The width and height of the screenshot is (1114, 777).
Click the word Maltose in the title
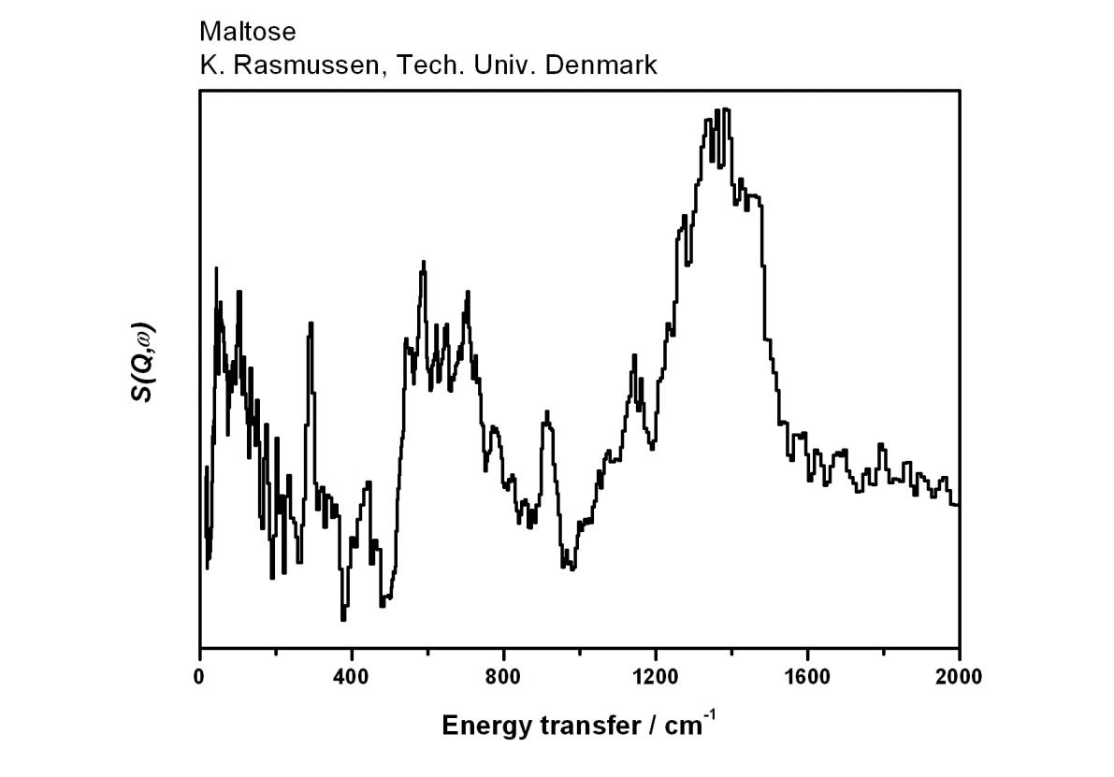pos(247,33)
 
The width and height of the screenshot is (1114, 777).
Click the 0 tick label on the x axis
pos(200,677)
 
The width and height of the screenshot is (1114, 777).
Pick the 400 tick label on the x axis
pos(352,677)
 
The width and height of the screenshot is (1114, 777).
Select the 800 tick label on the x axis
pos(503,677)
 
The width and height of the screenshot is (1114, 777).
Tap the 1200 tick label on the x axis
pos(655,677)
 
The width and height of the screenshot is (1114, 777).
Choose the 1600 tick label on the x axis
pos(806,677)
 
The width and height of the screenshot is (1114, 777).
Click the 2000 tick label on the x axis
pos(959,677)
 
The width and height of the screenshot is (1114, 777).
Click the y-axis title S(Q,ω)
pos(143,365)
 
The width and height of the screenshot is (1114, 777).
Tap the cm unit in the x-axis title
pos(684,726)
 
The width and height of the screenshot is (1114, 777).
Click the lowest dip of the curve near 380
pos(344,619)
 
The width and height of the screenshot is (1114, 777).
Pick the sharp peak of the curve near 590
pos(424,262)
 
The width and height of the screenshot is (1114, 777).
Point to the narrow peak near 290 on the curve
pos(311,323)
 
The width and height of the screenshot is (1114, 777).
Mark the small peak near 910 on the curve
pos(546,411)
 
